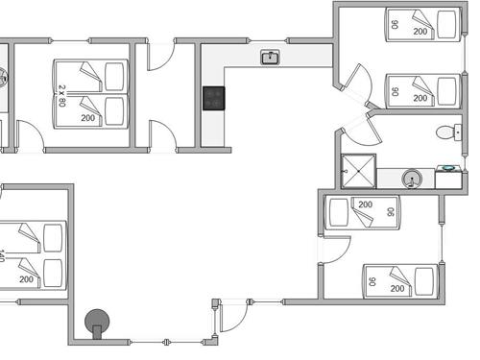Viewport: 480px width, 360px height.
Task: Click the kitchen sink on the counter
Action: [x=270, y=58]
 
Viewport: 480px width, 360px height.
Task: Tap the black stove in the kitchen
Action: [x=213, y=97]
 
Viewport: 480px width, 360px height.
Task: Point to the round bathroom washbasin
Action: [x=411, y=178]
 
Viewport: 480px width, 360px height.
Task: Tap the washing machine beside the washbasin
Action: [x=447, y=178]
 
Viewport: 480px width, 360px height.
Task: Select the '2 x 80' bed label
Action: [x=62, y=94]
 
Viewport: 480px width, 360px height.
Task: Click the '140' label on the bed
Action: [x=3, y=255]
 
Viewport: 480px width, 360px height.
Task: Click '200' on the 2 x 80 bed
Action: [x=88, y=118]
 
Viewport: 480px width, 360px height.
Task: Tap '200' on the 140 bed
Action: [x=26, y=279]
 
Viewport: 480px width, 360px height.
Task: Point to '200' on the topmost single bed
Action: [x=420, y=31]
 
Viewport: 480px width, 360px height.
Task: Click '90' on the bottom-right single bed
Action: [x=371, y=280]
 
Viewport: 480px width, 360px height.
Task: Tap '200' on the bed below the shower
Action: [x=365, y=204]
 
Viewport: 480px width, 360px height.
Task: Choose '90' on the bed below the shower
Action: [x=391, y=212]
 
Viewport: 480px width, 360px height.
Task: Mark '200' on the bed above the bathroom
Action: [x=420, y=99]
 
